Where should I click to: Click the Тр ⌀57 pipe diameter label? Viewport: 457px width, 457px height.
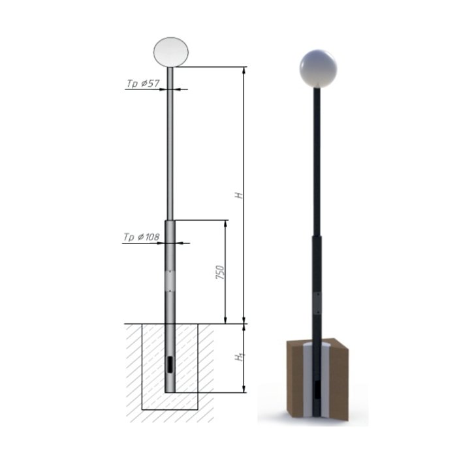click(143, 84)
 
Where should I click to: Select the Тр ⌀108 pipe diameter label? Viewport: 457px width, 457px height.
click(142, 237)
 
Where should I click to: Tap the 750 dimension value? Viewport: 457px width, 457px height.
click(221, 272)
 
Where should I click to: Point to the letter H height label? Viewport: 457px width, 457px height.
click(240, 195)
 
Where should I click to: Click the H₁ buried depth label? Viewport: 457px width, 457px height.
click(240, 357)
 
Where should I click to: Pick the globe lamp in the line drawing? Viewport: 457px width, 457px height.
click(171, 52)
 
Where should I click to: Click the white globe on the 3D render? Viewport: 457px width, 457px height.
click(318, 69)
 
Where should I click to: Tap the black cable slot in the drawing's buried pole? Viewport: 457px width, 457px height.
click(169, 364)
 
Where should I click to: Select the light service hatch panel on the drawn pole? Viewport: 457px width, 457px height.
click(170, 281)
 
